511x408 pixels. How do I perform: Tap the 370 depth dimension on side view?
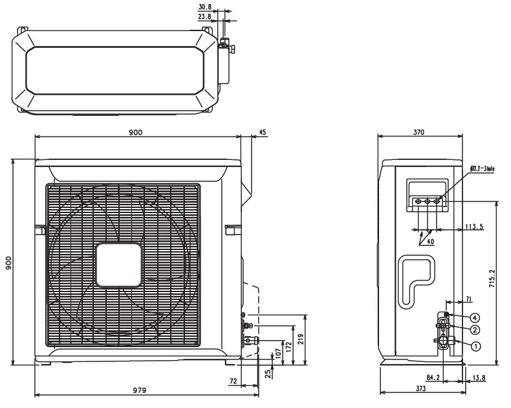[419, 132]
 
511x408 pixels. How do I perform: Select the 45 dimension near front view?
[262, 132]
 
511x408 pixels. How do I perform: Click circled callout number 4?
[475, 317]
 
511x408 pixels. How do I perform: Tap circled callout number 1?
[475, 346]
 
